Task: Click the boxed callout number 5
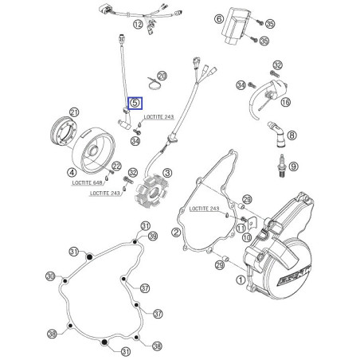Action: [x=134, y=102]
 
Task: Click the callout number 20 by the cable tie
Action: [x=162, y=75]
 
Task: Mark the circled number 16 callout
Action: [x=286, y=103]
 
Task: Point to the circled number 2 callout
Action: [x=174, y=233]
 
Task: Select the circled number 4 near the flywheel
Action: [x=72, y=172]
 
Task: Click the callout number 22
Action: [x=116, y=166]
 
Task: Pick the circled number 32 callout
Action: [x=277, y=65]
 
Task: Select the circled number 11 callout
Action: [x=241, y=227]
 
